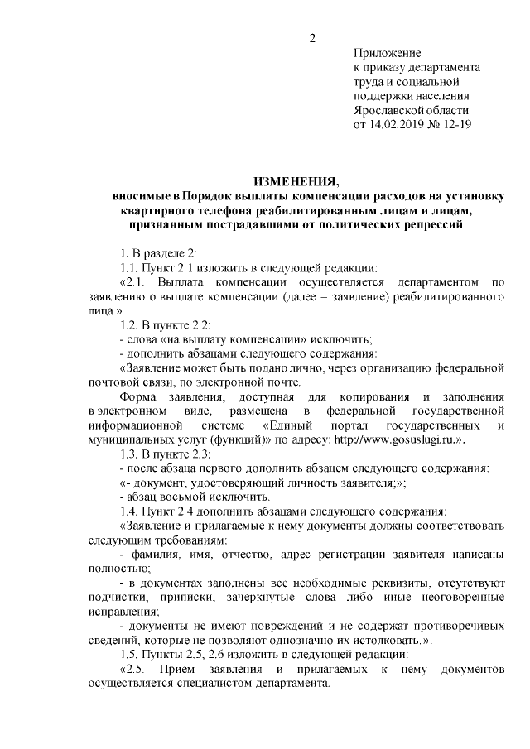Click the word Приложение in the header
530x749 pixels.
click(x=387, y=53)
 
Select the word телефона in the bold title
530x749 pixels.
click(x=224, y=210)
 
